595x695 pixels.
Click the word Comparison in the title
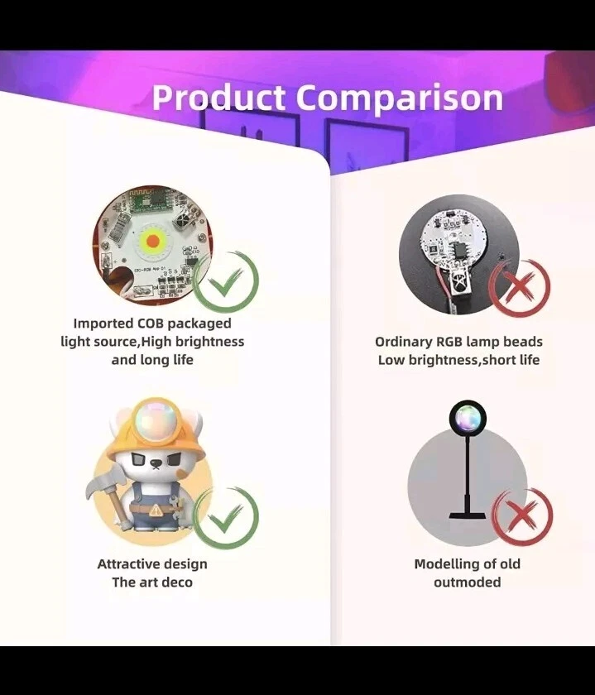tap(400, 98)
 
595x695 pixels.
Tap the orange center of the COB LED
tap(152, 241)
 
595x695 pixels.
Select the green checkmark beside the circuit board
tap(226, 282)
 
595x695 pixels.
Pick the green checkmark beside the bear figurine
tap(226, 517)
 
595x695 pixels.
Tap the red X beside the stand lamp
tap(522, 519)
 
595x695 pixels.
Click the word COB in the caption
tap(150, 324)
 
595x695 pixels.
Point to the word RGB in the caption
tap(449, 342)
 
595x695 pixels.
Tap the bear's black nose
tap(156, 463)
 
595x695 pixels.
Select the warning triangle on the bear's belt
tap(156, 510)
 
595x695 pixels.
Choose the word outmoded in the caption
tap(468, 582)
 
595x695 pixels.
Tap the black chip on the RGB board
tap(457, 252)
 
